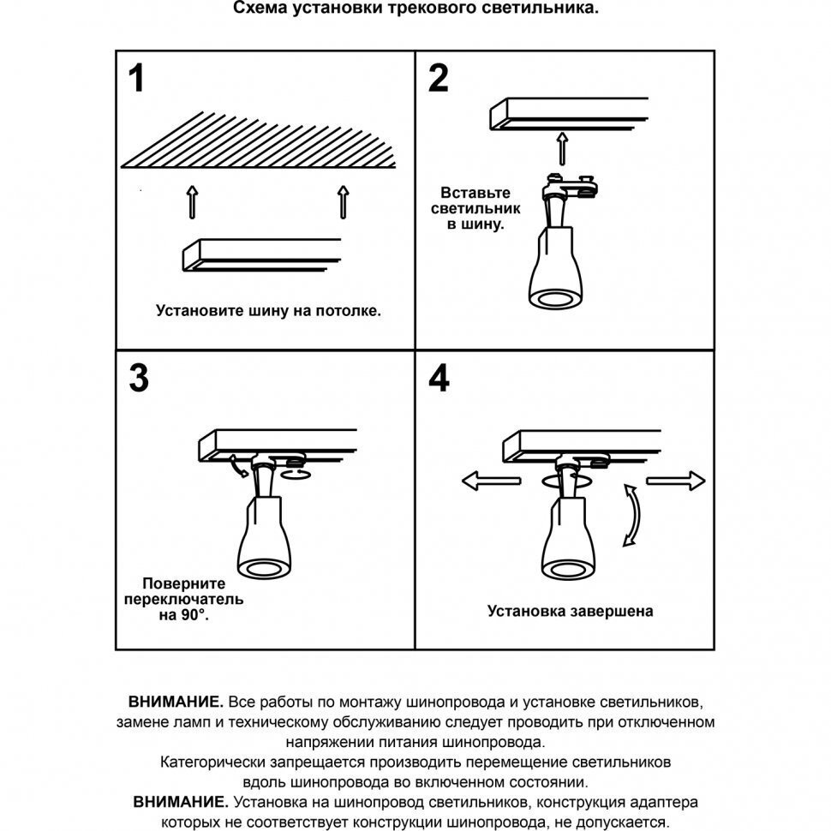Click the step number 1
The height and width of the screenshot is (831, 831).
136,78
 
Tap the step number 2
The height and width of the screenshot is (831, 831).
437,78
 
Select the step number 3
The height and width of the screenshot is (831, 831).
138,378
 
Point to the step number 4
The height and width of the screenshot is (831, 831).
438,378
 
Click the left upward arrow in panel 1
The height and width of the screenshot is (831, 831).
192,201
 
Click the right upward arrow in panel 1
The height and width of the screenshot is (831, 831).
343,201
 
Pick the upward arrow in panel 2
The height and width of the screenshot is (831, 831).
563,147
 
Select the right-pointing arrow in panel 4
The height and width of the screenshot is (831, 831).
676,481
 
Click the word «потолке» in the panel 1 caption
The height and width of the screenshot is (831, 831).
350,311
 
